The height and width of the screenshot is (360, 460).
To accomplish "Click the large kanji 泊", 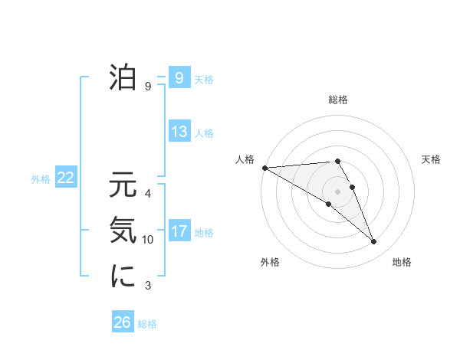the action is tap(123, 77).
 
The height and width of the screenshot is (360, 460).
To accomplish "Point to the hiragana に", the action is tap(123, 277).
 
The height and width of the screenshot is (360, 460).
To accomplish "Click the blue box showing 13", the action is tap(179, 132).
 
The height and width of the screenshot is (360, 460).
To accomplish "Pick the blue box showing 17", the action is tap(179, 231).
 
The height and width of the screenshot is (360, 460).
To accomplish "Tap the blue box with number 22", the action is tap(65, 178).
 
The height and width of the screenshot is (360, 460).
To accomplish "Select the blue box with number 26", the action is tap(123, 322).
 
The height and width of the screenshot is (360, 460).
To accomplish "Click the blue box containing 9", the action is tap(179, 78).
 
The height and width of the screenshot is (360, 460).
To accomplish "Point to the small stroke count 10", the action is tap(148, 240).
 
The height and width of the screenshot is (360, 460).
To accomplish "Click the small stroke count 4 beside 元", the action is tap(148, 193).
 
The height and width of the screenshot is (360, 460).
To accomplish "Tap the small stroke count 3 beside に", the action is tap(148, 286).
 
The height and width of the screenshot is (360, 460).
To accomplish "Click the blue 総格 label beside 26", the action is tap(147, 324).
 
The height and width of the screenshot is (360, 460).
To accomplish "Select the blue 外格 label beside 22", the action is tap(41, 179).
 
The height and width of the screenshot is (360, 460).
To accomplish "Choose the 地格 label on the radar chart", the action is tap(402, 263).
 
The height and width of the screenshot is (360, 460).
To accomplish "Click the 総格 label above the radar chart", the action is tap(337, 100).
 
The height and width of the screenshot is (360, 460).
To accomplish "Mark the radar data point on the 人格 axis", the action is tap(264, 167).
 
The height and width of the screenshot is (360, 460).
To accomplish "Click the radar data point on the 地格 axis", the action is tap(373, 242).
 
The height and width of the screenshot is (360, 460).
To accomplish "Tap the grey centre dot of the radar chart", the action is tap(337, 191).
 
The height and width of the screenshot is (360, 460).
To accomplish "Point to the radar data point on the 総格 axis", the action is tap(337, 161).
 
